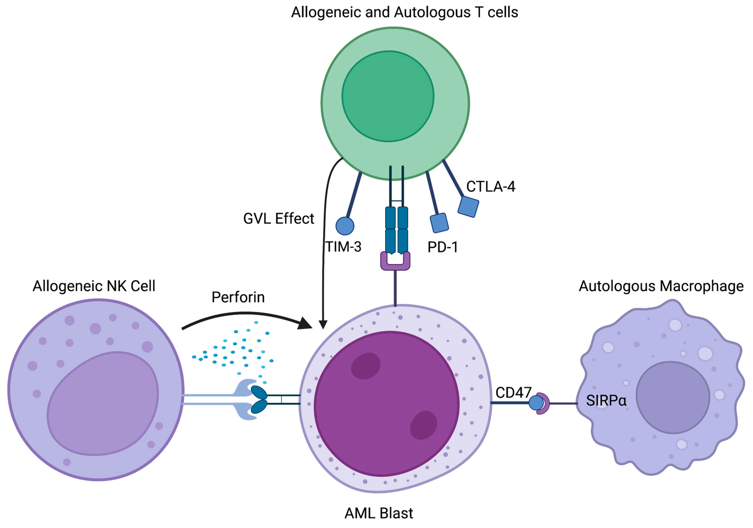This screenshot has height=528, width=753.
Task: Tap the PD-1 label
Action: pos(442,247)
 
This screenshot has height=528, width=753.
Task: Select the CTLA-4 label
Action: pos(491,187)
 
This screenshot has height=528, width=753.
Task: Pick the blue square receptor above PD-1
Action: pos(439,223)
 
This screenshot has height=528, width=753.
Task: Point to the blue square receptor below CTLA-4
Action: pos(468,207)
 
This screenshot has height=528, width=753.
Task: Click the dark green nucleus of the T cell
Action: pos(388,96)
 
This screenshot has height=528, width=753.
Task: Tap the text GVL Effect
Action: pos(278,219)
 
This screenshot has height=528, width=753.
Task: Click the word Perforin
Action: pos(238,297)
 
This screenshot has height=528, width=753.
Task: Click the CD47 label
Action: pos(513,392)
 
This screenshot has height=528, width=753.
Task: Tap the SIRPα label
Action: pos(606,400)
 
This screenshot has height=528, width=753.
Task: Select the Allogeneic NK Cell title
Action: pos(94,286)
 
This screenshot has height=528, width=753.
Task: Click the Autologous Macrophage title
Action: pos(661,286)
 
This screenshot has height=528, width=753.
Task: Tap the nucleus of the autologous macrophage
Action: pos(673,397)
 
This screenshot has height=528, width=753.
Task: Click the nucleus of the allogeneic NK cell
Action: pos(103,403)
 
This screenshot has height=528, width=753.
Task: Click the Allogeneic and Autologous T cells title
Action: pos(404,12)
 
